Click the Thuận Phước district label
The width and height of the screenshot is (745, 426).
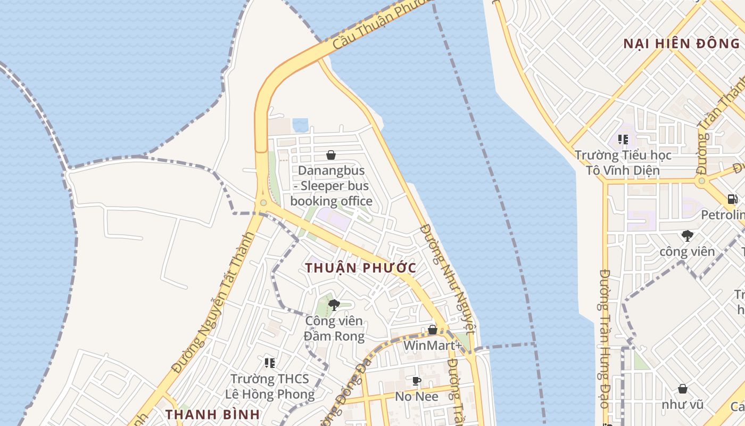[x=361, y=268]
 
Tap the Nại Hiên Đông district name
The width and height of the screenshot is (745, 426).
[x=681, y=44]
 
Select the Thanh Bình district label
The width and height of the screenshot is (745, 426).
[x=212, y=414]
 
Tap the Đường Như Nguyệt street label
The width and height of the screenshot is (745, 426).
[x=446, y=277]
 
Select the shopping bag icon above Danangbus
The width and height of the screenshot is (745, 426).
[x=331, y=155]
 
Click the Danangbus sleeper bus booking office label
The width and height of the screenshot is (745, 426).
[x=331, y=186]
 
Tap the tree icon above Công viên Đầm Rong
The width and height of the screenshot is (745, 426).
[x=334, y=305]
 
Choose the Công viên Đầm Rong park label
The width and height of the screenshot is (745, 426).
[x=334, y=329]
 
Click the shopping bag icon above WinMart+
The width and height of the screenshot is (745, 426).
[x=433, y=330]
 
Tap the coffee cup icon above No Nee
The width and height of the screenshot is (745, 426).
[x=417, y=381]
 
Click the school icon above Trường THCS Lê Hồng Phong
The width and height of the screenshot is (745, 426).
[x=270, y=363]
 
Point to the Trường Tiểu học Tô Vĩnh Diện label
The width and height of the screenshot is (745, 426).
[x=623, y=163]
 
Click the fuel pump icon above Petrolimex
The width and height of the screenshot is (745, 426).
[x=733, y=199]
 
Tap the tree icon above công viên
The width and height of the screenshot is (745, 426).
[x=687, y=236]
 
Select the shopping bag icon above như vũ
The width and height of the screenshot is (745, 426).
[x=683, y=389]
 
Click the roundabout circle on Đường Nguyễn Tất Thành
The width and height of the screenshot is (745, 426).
[x=263, y=202]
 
